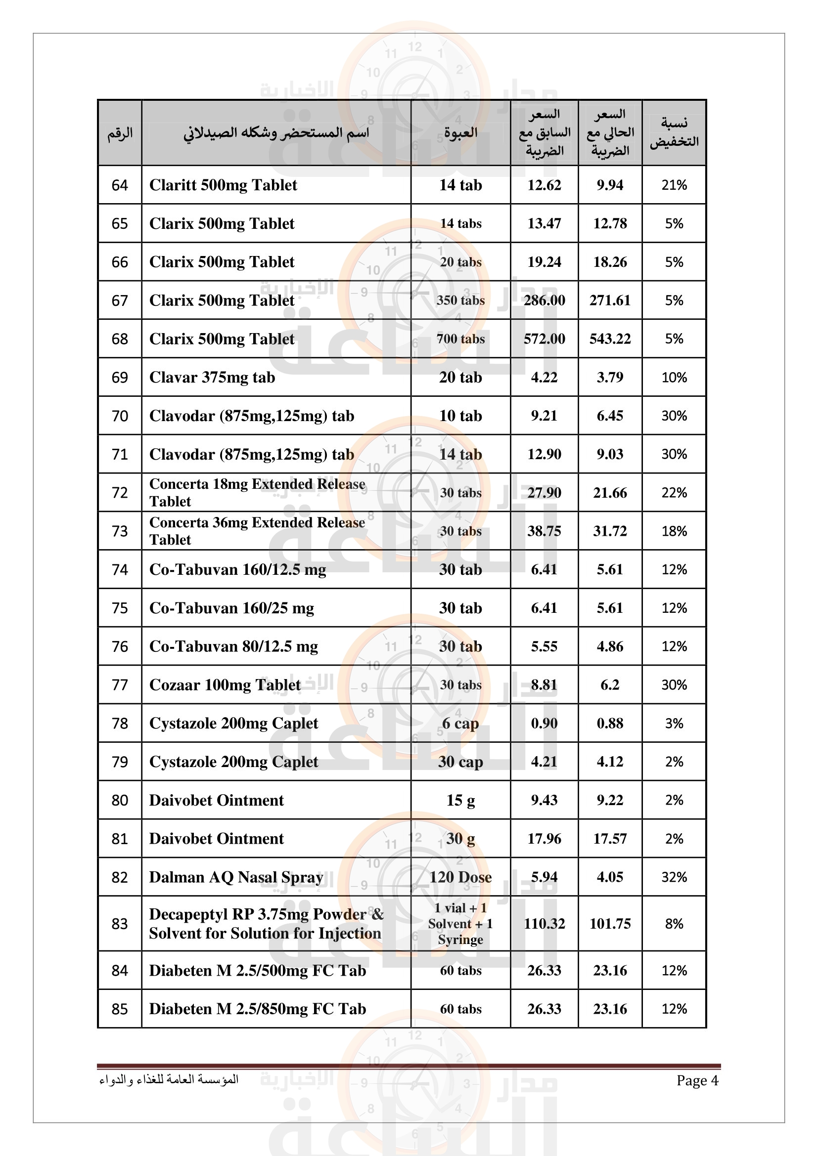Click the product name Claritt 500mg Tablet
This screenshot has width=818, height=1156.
[223, 185]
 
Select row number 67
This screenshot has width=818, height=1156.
[120, 300]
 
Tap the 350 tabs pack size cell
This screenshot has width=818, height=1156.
[460, 300]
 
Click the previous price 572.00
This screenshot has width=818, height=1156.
[544, 339]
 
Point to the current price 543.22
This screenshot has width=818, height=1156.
[610, 339]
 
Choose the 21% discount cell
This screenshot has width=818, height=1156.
[674, 185]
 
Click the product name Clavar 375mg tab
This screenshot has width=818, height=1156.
[212, 378]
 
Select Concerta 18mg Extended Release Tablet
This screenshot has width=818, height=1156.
[257, 492]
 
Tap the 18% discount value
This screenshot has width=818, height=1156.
[674, 531]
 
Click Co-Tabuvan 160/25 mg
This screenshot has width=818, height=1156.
[231, 608]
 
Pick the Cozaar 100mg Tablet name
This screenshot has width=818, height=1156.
[225, 685]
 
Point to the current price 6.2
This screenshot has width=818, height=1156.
[610, 685]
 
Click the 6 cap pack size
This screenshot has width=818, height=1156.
[460, 724]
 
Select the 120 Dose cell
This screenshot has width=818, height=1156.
[460, 877]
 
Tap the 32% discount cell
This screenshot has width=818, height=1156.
[674, 877]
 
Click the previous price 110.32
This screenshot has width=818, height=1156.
[544, 923]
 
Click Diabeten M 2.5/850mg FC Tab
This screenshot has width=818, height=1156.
[257, 1009]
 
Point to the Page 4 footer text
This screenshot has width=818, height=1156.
[697, 1080]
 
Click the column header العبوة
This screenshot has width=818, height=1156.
[460, 133]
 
